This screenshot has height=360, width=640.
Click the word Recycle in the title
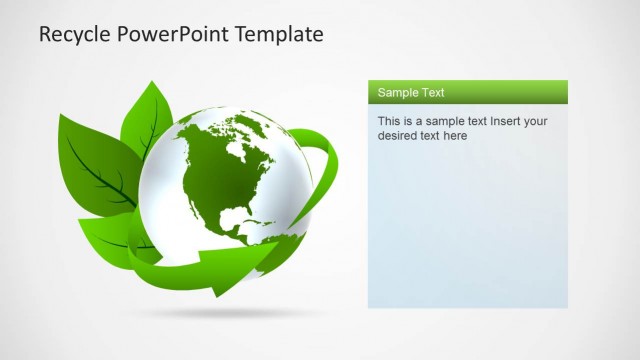[74, 34]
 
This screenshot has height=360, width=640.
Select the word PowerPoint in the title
[173, 34]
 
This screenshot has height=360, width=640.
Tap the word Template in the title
[280, 34]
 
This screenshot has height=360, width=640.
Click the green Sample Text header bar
[467, 92]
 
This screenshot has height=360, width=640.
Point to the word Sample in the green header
[396, 93]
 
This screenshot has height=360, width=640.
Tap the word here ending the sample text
[455, 136]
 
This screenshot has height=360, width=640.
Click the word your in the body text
[536, 122]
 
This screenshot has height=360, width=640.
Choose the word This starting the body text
[388, 122]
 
